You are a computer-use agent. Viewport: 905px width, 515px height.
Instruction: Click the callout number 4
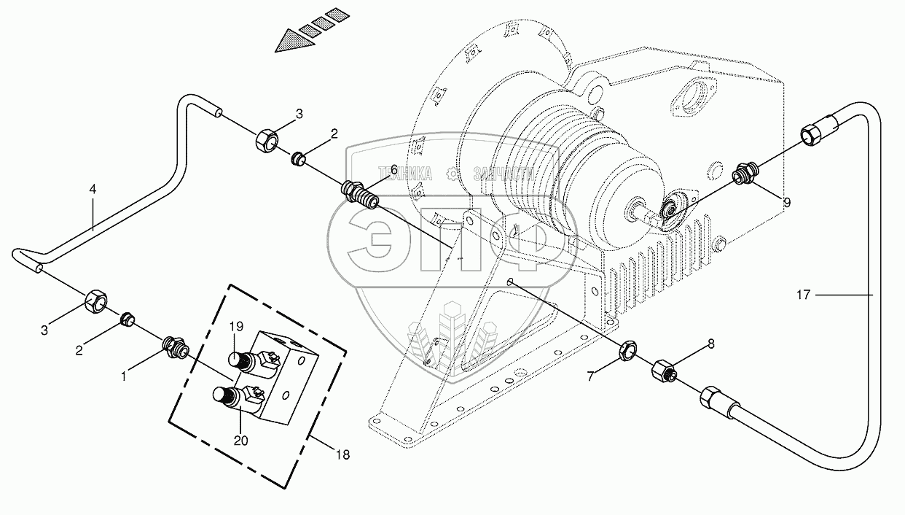(93, 189)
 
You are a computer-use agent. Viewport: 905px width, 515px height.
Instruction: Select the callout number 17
(803, 295)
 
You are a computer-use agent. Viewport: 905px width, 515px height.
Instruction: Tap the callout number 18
(342, 454)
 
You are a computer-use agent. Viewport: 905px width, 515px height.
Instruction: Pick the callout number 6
(393, 169)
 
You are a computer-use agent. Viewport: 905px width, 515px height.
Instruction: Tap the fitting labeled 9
(743, 176)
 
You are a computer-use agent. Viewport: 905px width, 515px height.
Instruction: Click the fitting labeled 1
(175, 345)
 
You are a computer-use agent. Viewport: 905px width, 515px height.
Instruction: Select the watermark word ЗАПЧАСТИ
(504, 174)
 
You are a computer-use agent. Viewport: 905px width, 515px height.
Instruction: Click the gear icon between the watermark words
(452, 174)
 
